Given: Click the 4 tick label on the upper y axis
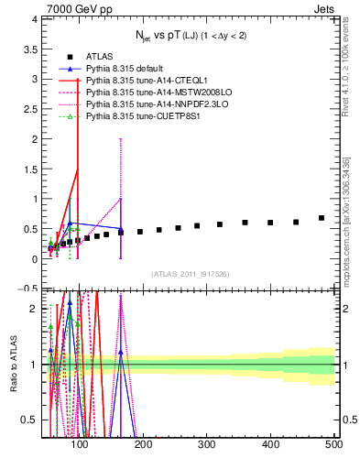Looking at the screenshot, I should [x=34, y=19].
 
